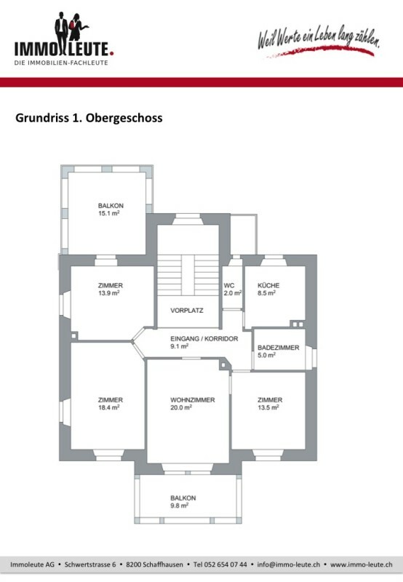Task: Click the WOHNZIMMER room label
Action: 193,399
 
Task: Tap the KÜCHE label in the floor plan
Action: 268,285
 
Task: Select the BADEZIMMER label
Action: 279,348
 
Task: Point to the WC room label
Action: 229,285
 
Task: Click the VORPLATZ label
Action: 187,311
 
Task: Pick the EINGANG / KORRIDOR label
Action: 204,338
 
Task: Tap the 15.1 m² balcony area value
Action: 108,213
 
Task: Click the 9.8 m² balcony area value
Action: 179,505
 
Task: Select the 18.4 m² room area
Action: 108,407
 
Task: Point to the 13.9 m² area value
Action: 108,293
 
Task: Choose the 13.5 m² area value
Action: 268,407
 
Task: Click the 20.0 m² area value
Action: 181,407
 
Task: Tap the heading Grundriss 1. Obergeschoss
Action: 89,118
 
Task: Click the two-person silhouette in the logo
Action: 71,28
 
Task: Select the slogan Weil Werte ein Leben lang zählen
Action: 319,39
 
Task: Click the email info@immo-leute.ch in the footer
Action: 288,565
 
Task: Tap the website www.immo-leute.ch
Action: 361,565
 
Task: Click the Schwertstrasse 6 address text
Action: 90,565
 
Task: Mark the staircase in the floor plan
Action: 188,275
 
